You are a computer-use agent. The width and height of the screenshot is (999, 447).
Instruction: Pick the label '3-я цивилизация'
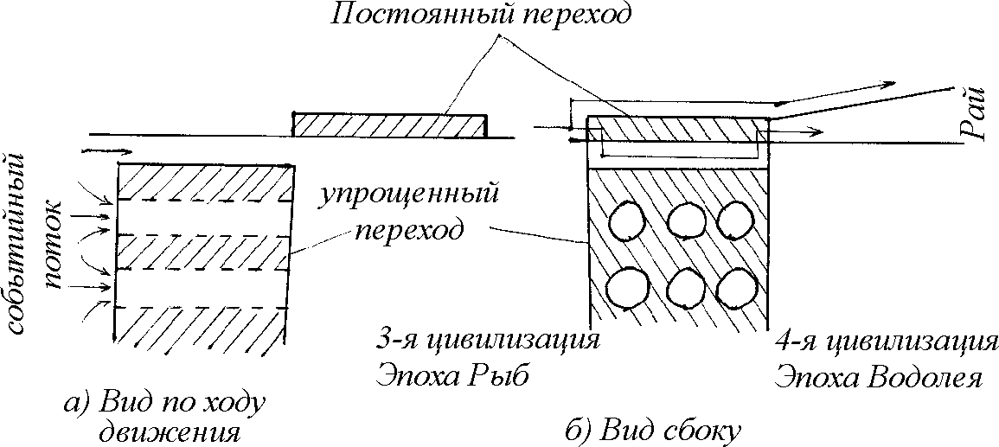click(488, 338)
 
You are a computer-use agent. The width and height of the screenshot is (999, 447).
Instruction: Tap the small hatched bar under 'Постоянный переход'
click(388, 126)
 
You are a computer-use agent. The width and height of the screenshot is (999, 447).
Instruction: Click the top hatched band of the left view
click(204, 181)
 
